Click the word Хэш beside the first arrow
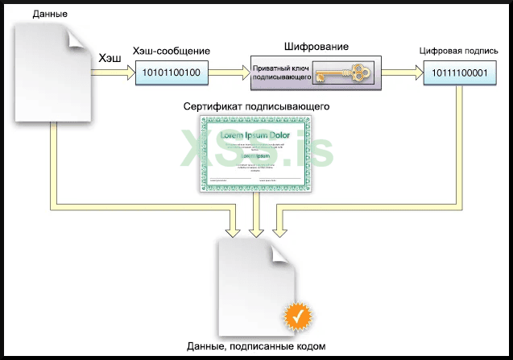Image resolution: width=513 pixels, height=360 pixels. click(110, 58)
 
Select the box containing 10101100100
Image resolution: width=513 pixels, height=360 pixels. click(171, 73)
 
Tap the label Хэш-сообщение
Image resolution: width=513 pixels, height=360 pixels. click(171, 52)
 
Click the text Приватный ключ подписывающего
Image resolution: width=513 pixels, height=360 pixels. click(283, 73)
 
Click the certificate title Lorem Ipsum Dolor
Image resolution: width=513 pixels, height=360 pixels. click(256, 135)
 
